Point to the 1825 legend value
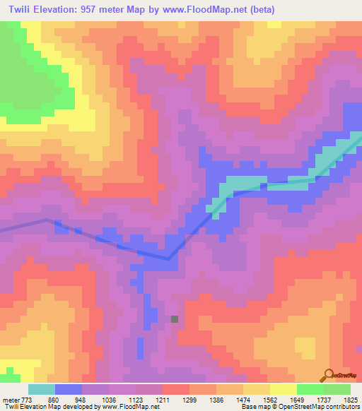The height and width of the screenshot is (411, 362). pos(350,399)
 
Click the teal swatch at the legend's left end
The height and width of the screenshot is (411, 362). pos(42,389)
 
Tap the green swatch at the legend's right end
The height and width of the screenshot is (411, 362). pos(337,389)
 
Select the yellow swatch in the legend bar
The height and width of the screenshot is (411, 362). pos(283,389)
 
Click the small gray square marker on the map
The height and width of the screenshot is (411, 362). pos(175,318)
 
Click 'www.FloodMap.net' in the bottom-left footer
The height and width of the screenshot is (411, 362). pos(132,407)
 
